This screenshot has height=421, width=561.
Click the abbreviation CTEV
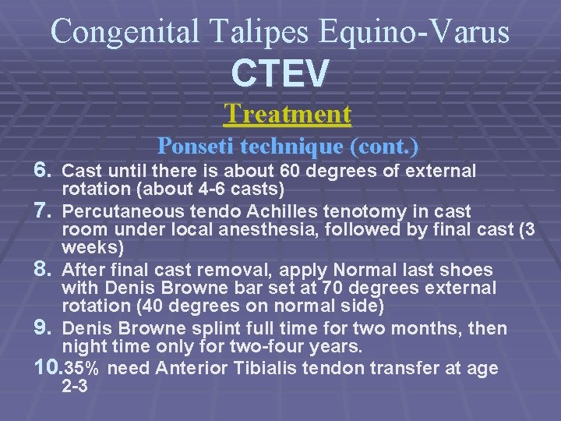[x=280, y=74]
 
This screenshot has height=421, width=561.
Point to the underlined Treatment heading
[x=288, y=114]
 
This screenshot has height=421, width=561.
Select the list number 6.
[x=44, y=170]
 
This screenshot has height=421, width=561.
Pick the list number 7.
[x=44, y=211]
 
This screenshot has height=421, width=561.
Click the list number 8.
[x=44, y=270]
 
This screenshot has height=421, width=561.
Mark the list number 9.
[x=44, y=328]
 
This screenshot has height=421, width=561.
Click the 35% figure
[x=83, y=369]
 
